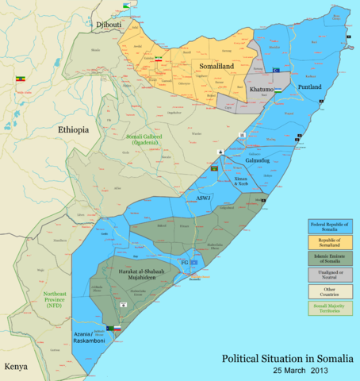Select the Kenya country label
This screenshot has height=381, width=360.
(16, 367)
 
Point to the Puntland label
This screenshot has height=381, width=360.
(309, 87)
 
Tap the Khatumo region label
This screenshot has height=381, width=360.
(262, 90)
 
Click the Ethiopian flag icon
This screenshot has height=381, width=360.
(20, 79)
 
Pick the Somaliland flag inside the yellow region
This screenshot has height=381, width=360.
(159, 60)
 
